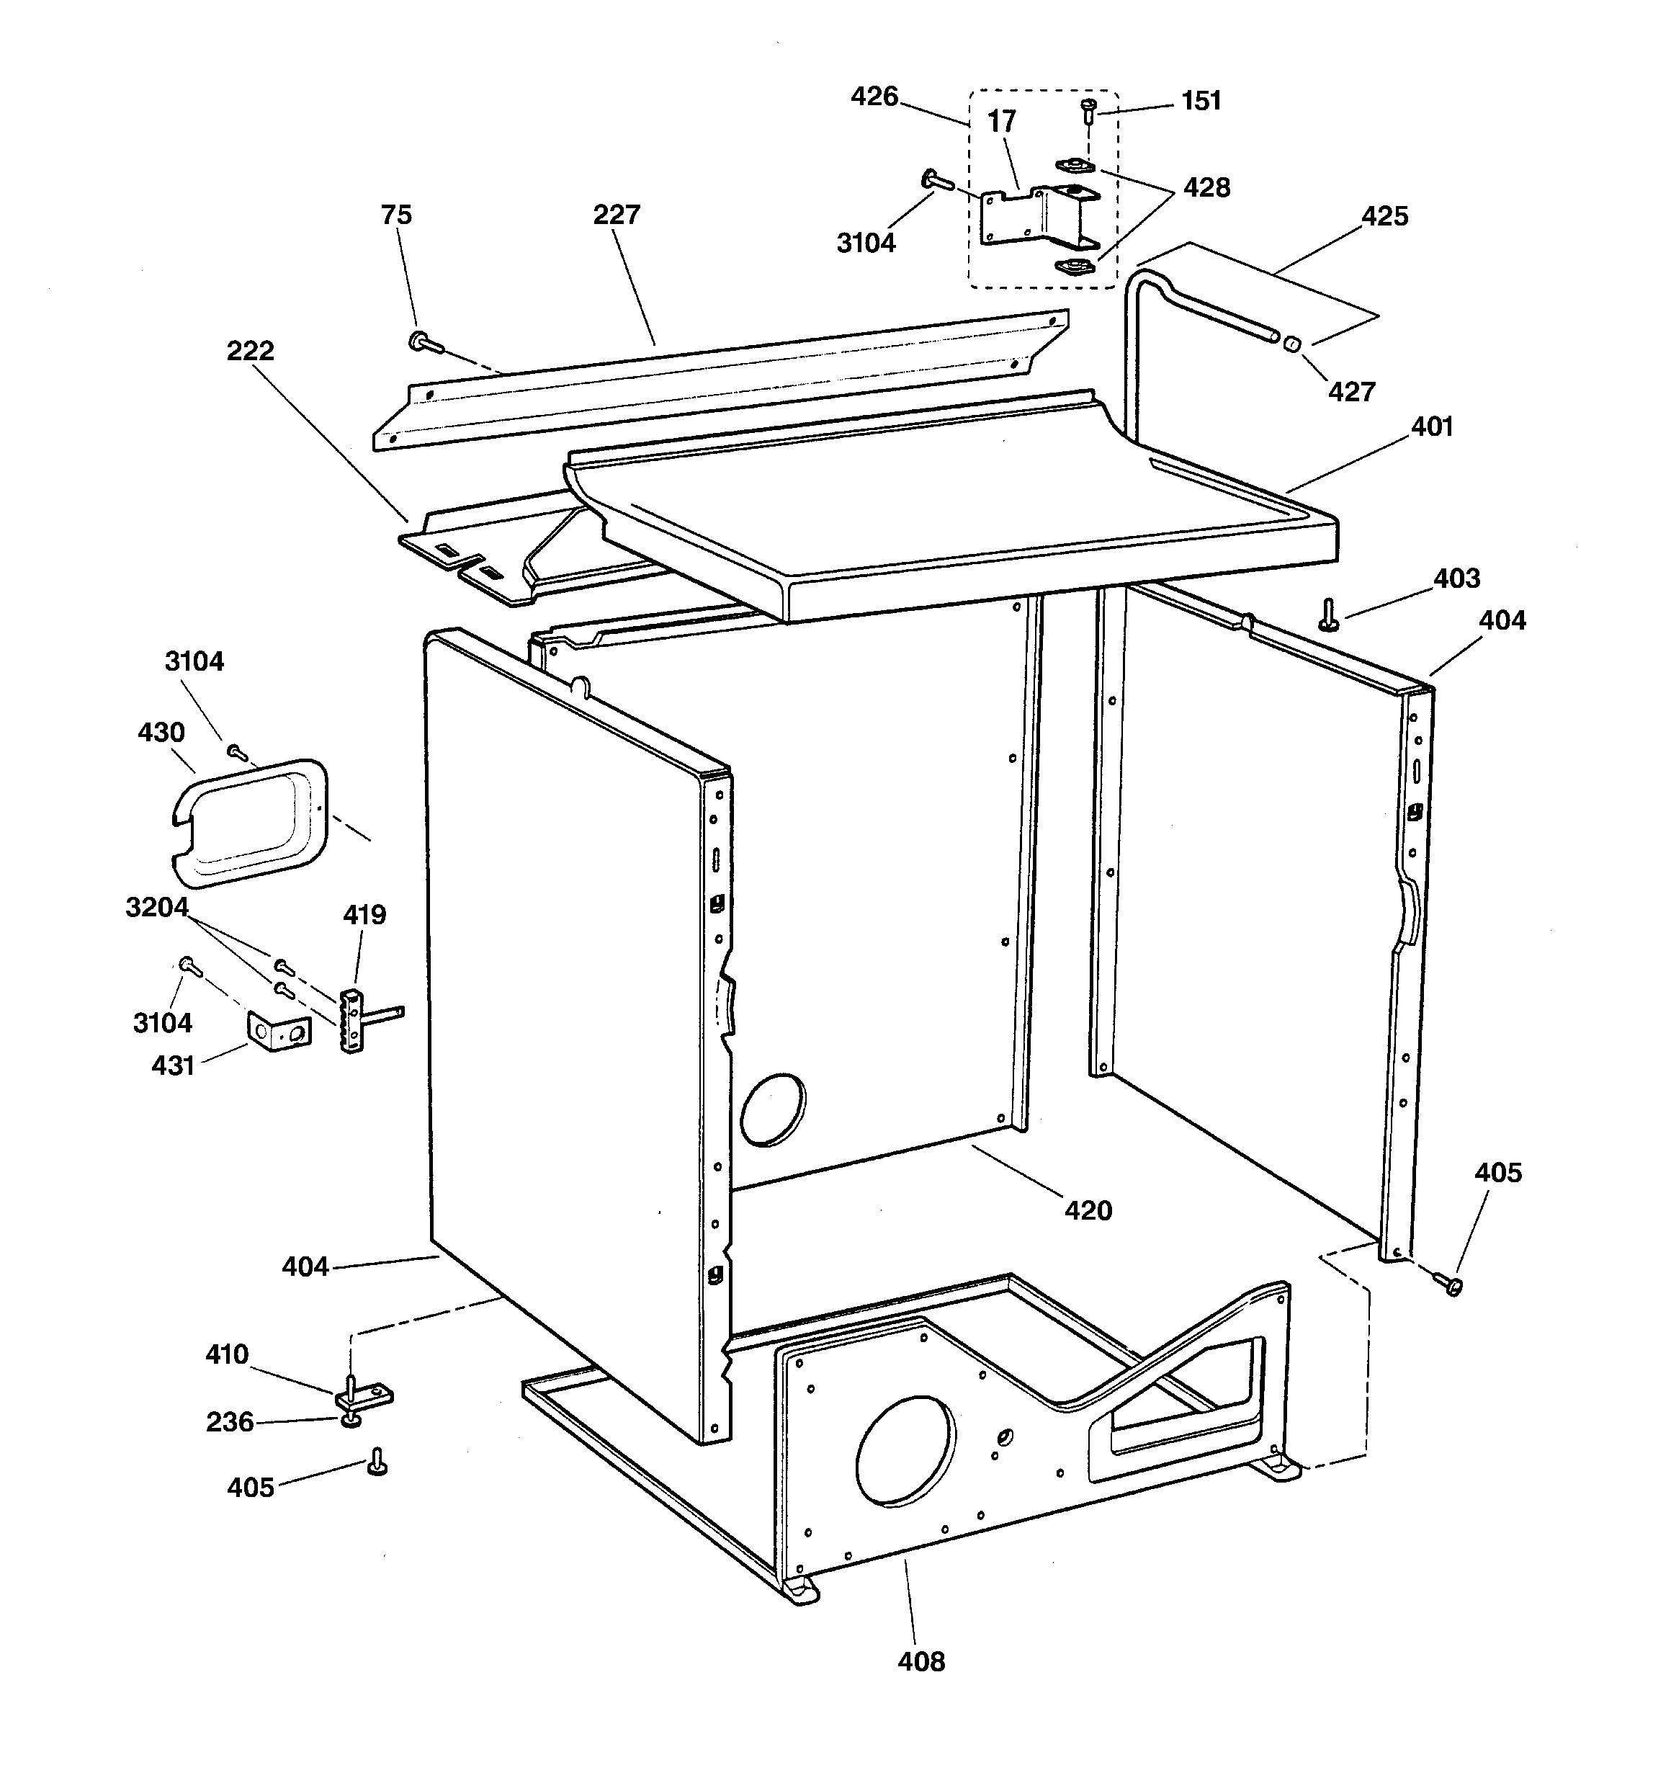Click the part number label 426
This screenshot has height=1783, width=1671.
[874, 96]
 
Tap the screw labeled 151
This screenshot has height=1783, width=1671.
[1089, 111]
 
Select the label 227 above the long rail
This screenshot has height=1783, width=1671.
[617, 215]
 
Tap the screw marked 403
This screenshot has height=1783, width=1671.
[1328, 615]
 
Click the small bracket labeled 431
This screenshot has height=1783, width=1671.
[279, 1032]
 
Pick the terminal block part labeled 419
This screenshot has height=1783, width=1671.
[352, 1021]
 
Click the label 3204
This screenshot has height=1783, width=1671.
[157, 907]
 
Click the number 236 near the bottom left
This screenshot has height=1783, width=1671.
[230, 1421]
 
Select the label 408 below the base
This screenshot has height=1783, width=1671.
[921, 1661]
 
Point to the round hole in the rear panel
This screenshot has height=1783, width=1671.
[771, 1109]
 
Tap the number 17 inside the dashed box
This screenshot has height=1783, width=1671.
[1001, 121]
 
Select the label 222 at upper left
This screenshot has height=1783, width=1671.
[249, 350]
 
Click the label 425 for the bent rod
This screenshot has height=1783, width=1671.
[1384, 216]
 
